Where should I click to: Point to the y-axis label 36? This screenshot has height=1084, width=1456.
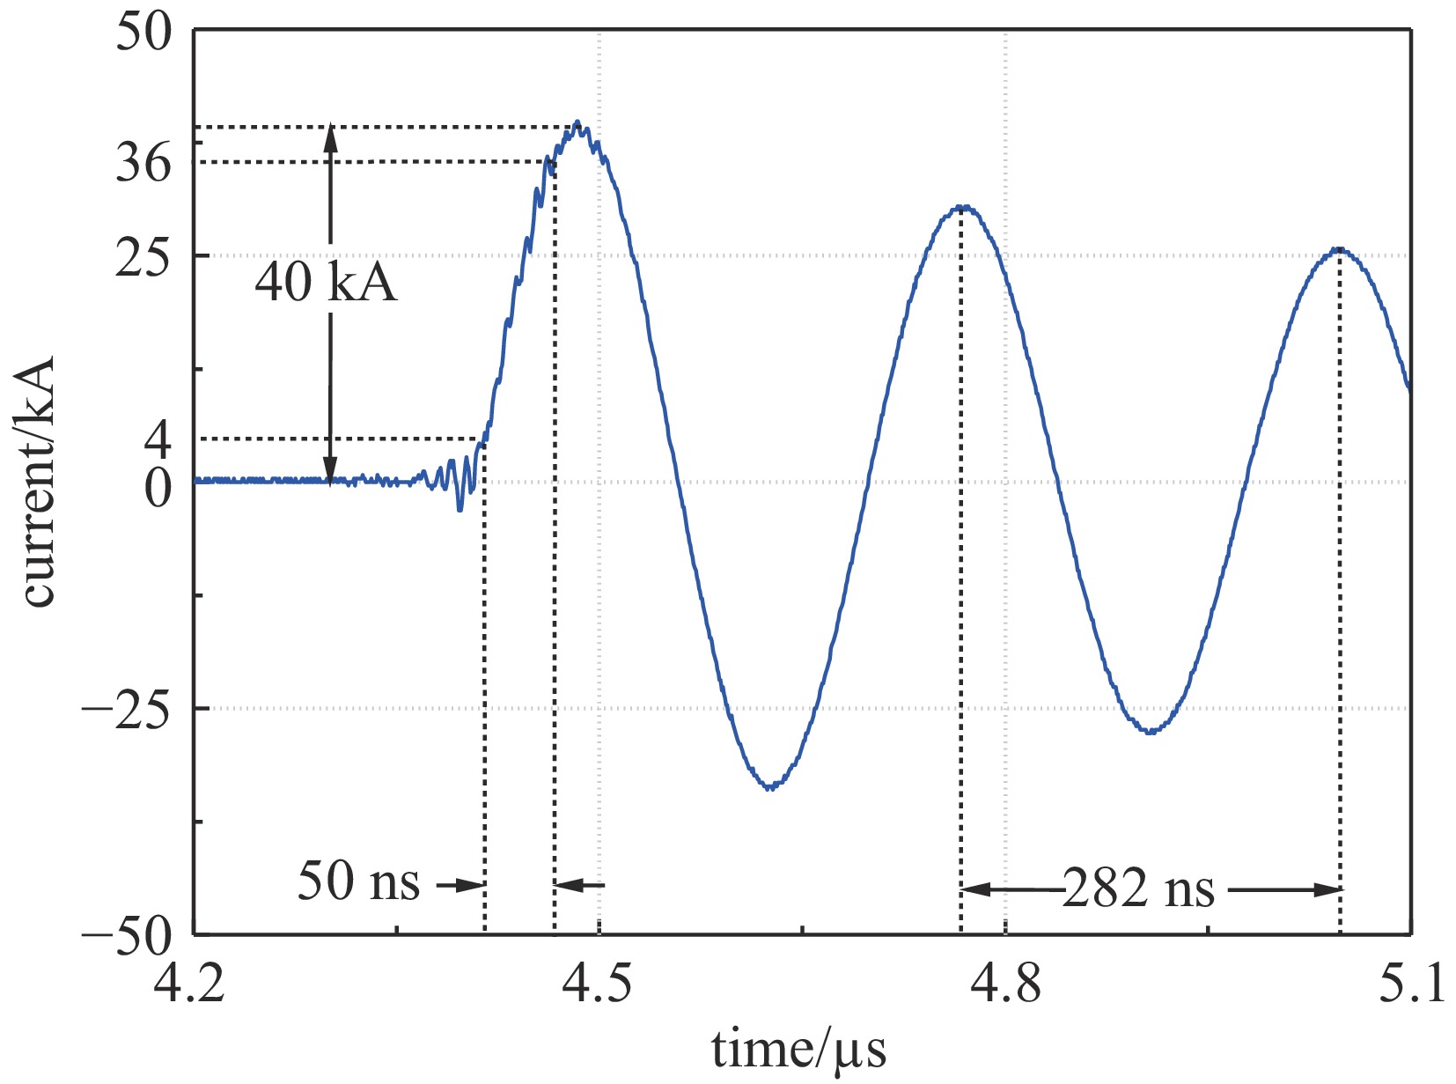click(143, 162)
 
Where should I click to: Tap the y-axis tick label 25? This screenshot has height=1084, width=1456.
click(143, 257)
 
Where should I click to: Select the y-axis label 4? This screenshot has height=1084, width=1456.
click(158, 439)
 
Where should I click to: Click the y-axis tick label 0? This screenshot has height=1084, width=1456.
click(158, 487)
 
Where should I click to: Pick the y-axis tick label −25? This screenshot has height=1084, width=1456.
click(128, 709)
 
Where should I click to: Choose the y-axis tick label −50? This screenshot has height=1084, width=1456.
click(128, 937)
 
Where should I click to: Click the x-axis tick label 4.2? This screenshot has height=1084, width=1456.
click(190, 984)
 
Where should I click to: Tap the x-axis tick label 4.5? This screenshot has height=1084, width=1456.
click(598, 984)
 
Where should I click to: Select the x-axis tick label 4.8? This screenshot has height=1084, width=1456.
click(1005, 984)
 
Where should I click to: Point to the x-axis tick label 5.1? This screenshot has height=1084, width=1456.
click(1411, 984)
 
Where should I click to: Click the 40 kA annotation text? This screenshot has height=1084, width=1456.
click(326, 283)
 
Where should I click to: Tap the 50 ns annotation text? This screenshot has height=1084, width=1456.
click(358, 881)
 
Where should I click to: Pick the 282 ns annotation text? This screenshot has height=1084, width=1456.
click(1139, 889)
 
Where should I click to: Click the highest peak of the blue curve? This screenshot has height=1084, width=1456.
click(577, 122)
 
